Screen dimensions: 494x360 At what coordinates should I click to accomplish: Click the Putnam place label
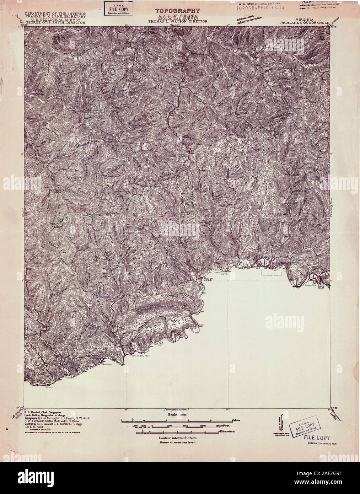coord(70,378)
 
